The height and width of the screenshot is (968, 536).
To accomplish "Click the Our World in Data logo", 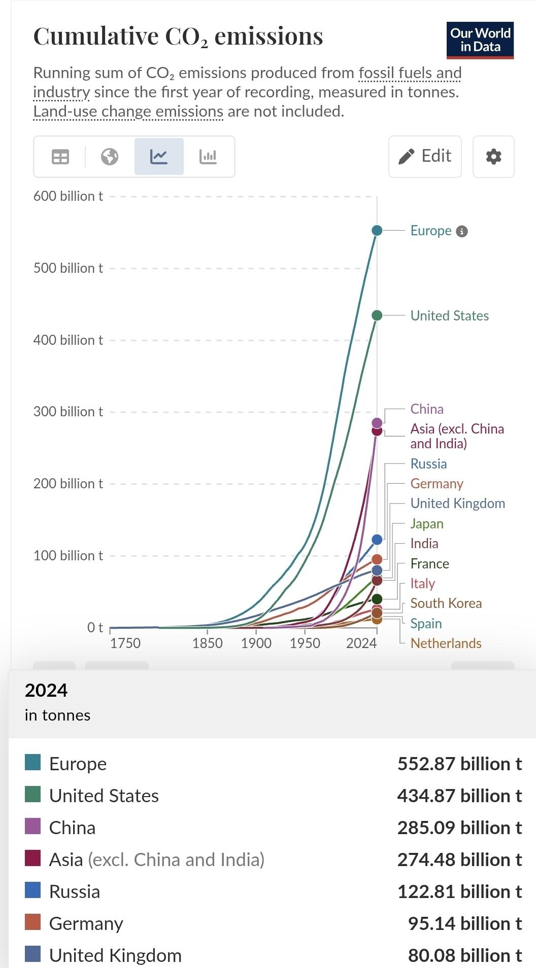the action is click(480, 40).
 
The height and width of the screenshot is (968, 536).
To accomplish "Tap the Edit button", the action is click(425, 156).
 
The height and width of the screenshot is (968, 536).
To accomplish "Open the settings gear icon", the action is click(493, 156).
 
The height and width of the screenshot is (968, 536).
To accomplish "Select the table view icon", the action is click(60, 157).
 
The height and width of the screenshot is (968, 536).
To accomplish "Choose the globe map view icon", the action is click(110, 157).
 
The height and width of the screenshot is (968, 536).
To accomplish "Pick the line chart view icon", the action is click(159, 156).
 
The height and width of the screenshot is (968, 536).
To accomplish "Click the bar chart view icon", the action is click(208, 156).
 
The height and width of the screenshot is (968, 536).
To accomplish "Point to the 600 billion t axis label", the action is click(68, 196).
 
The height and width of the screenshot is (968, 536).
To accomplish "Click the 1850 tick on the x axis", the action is click(207, 643).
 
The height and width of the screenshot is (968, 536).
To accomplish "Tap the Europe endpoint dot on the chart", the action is click(377, 231).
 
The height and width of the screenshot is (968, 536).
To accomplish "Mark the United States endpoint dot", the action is click(377, 315).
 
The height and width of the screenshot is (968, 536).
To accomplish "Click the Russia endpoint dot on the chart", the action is click(377, 540).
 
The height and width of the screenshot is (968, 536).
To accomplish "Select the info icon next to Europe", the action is click(461, 231).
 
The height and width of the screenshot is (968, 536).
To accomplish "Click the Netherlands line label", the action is click(446, 643).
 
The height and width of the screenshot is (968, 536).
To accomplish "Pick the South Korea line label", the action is click(446, 603).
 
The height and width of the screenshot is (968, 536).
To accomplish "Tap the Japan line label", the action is click(427, 523).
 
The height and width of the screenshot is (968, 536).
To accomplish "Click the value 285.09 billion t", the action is click(459, 828).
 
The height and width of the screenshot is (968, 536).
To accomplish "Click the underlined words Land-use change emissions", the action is click(128, 111).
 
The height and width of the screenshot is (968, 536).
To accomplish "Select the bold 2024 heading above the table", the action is click(46, 690).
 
